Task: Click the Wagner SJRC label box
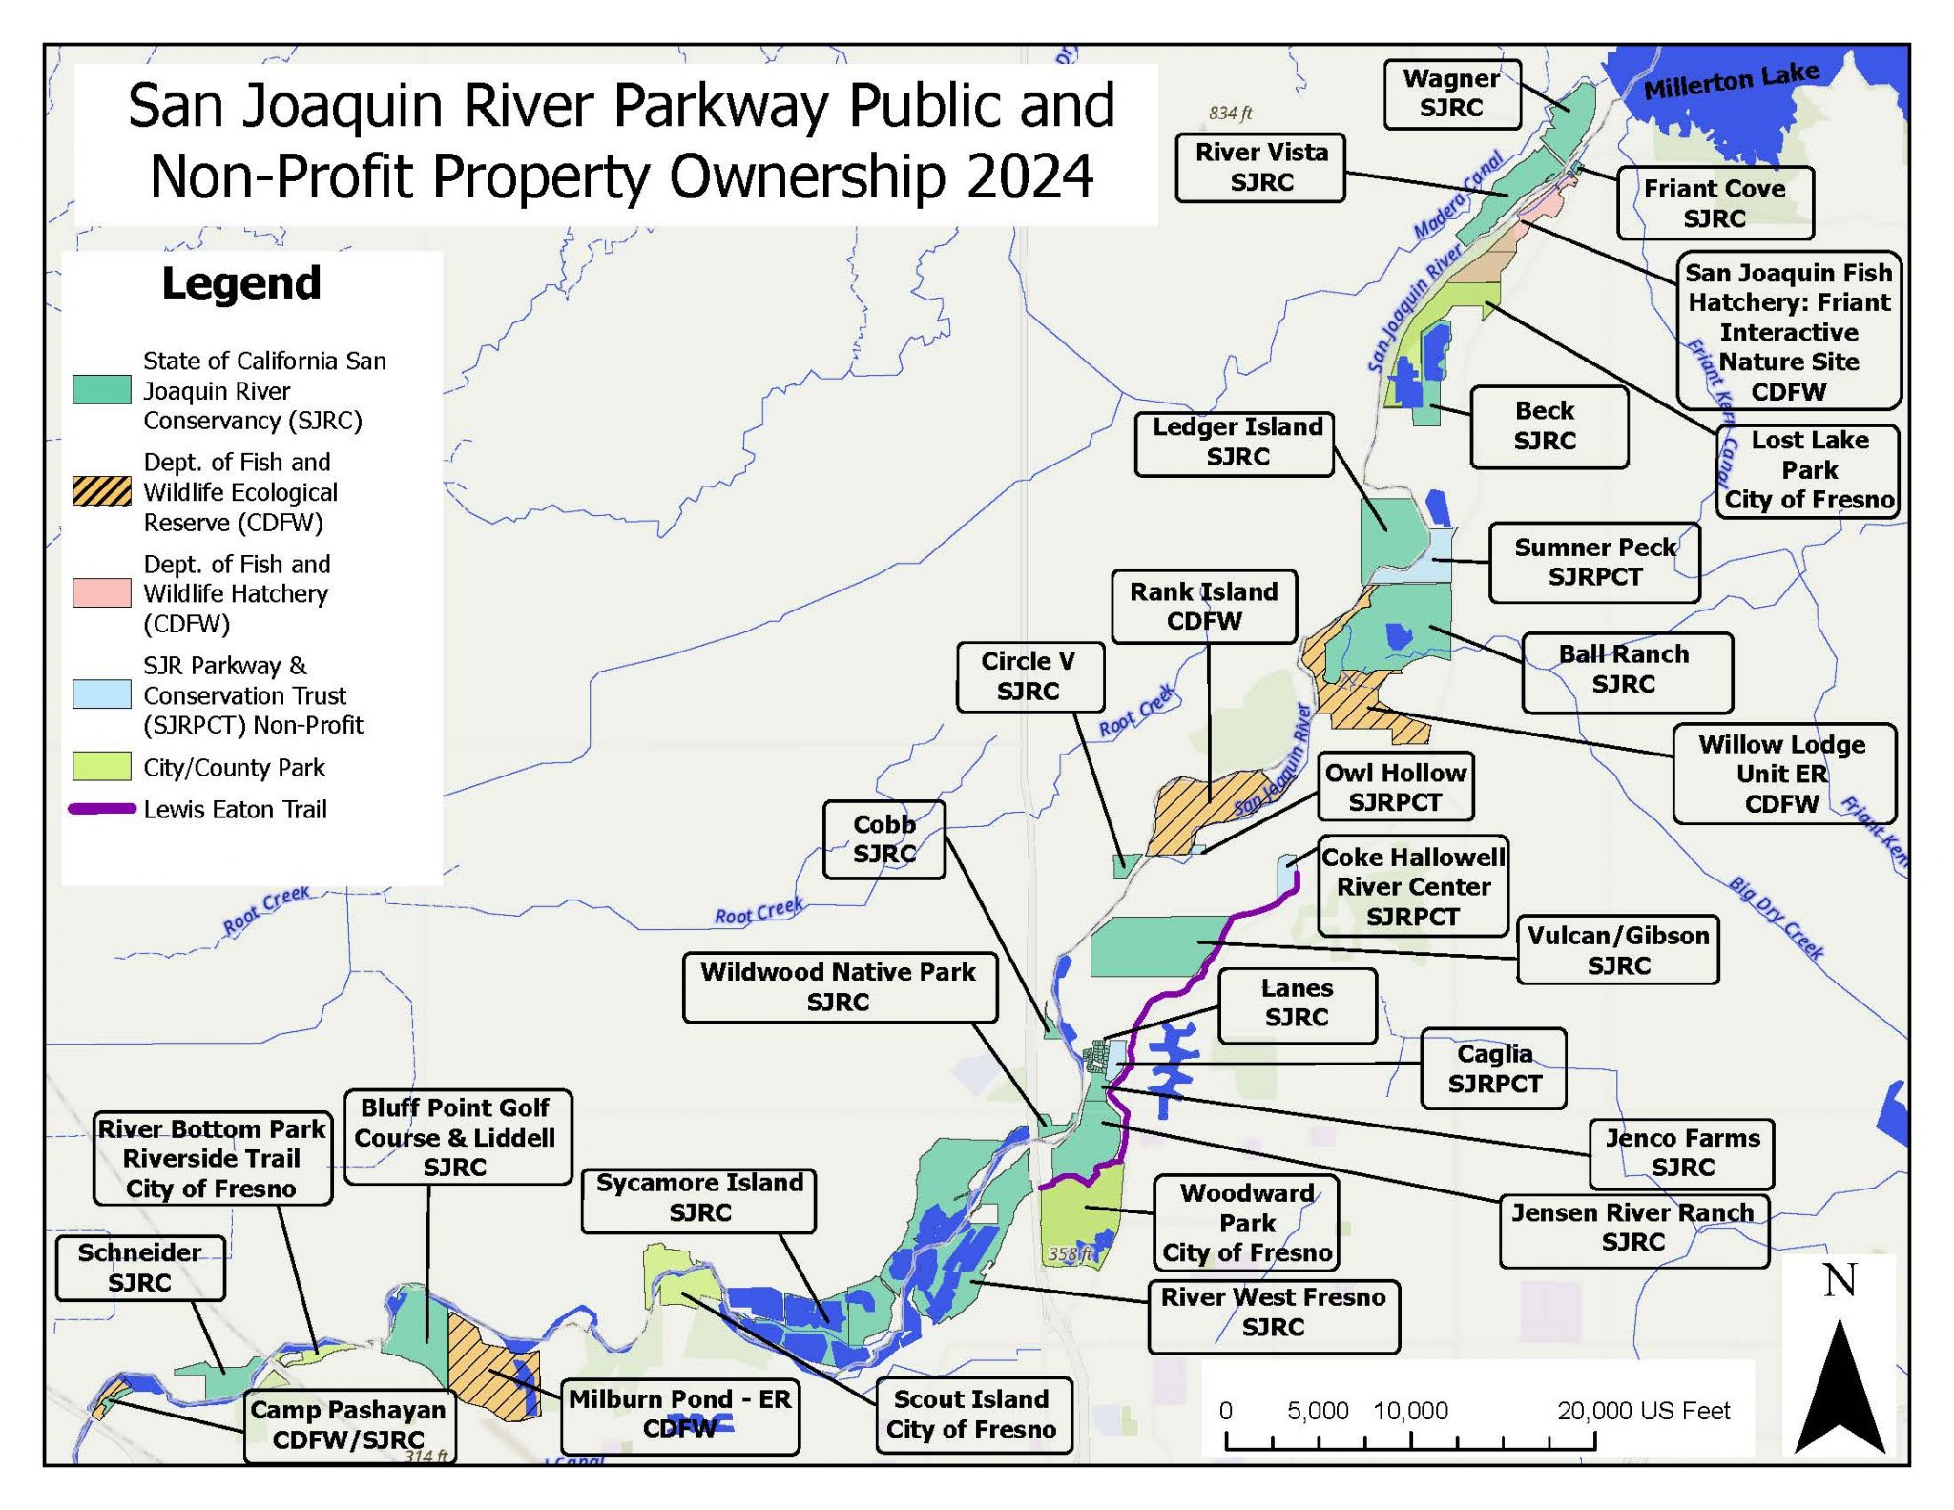tap(1451, 93)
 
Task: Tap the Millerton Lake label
tap(1730, 80)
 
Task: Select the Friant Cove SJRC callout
tap(1715, 203)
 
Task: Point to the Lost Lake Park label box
tap(1808, 470)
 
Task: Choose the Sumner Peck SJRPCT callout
tap(1594, 562)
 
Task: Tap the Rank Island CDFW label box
tap(1204, 607)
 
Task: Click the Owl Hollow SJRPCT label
tap(1395, 787)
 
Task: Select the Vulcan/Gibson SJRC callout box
tap(1618, 950)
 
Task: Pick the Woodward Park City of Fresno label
tap(1246, 1223)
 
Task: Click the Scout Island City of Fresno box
tap(972, 1414)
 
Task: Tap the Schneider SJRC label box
tap(140, 1268)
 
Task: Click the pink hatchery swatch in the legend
tap(102, 593)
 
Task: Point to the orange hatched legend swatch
tap(102, 491)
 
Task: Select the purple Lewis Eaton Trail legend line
tap(102, 810)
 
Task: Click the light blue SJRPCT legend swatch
tap(102, 694)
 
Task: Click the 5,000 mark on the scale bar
tap(1318, 1411)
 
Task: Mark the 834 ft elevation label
tap(1230, 113)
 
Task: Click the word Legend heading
tap(241, 283)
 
